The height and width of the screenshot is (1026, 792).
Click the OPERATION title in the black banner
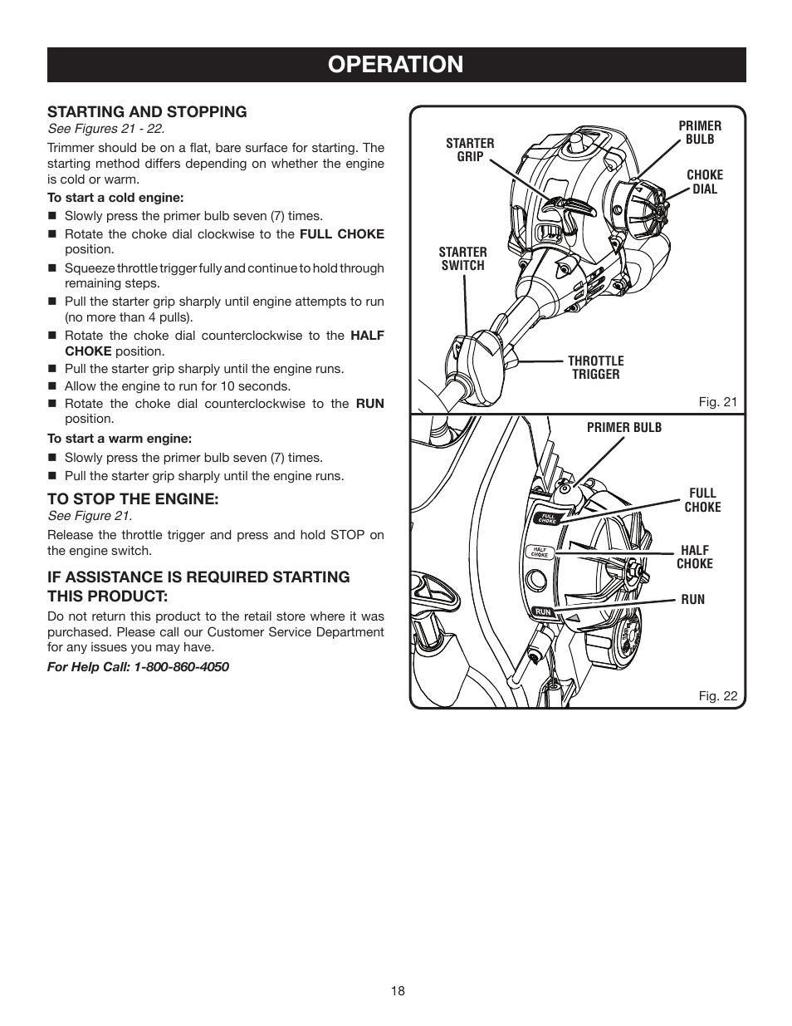click(396, 64)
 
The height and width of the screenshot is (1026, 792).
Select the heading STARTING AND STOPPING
click(147, 111)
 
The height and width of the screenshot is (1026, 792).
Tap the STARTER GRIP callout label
click(470, 150)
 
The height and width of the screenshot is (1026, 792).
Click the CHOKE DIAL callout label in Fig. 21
click(705, 182)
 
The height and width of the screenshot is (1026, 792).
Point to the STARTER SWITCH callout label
click(462, 258)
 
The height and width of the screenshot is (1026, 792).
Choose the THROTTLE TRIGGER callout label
click(595, 367)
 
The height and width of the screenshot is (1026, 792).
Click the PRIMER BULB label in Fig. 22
click(624, 427)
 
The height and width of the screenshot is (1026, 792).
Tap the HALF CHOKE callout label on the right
click(695, 557)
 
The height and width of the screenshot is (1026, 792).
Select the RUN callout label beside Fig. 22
click(692, 599)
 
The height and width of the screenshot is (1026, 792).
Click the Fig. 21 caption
click(717, 402)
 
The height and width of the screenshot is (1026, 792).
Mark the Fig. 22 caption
click(717, 696)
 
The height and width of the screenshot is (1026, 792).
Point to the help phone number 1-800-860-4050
click(181, 666)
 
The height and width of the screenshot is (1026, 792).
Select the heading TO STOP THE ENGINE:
click(133, 498)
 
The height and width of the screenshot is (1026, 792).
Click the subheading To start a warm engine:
click(120, 438)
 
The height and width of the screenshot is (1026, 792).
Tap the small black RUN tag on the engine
click(543, 611)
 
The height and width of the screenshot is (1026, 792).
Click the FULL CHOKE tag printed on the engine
click(547, 518)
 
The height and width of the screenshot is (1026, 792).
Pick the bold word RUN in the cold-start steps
click(370, 403)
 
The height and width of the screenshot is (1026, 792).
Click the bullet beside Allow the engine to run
click(51, 386)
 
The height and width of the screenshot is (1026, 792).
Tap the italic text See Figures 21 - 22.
click(105, 129)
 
